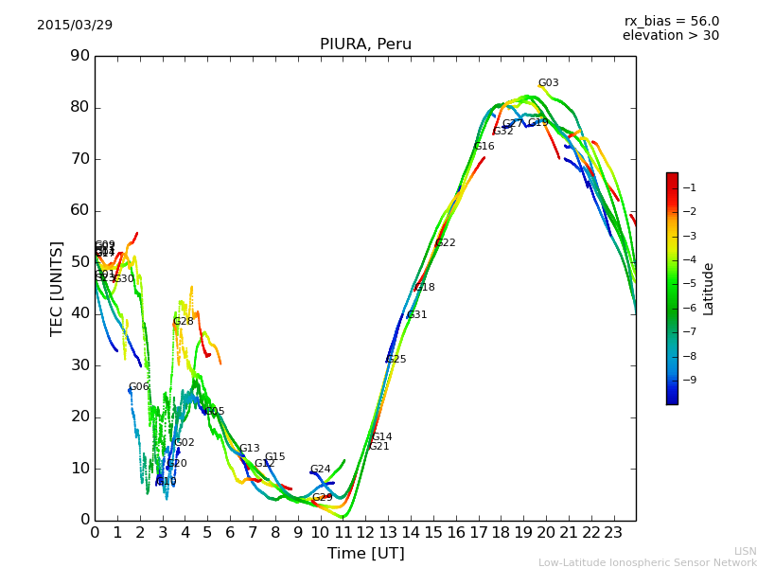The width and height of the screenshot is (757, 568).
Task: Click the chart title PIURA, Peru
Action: coord(365,44)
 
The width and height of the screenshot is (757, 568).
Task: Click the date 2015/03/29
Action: coord(75,25)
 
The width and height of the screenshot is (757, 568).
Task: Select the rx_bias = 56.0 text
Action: coord(671,21)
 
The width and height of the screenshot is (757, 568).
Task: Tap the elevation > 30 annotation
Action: coord(670,36)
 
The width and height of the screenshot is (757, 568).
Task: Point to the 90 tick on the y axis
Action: coord(79,56)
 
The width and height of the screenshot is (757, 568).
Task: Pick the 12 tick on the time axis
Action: coord(365,533)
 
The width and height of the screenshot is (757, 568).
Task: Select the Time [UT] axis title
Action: coord(365,553)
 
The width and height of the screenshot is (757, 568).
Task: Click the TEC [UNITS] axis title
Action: coord(57,288)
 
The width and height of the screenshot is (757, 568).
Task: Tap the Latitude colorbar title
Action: coord(709,289)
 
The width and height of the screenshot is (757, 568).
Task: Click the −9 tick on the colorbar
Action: coord(688,381)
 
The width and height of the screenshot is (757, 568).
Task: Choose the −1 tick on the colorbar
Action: coord(688,187)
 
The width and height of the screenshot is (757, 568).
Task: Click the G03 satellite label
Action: coord(548,83)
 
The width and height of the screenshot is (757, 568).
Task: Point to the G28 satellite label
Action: coord(183,322)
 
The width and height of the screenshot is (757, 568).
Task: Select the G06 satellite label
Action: coord(138,387)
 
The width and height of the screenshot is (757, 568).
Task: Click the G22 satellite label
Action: coord(445,243)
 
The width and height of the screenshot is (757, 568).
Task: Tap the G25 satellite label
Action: coord(396,360)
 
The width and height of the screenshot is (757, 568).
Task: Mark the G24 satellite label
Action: coord(320,470)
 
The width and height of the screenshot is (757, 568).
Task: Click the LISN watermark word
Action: coord(745,551)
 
